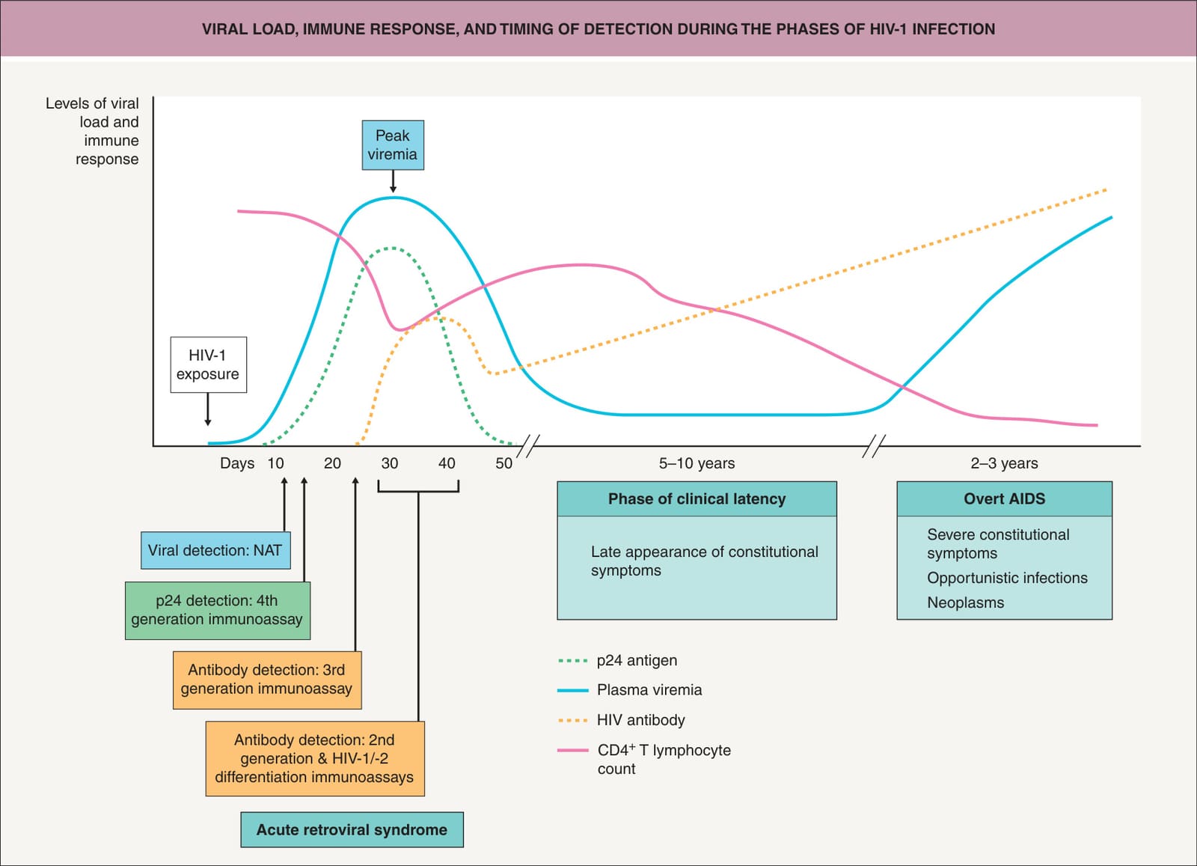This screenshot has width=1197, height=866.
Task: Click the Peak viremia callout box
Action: pyautogui.click(x=393, y=145)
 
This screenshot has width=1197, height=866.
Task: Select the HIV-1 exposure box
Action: pyautogui.click(x=209, y=365)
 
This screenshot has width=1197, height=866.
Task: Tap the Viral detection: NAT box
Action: pyautogui.click(x=215, y=550)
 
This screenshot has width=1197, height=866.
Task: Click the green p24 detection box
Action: pyautogui.click(x=218, y=611)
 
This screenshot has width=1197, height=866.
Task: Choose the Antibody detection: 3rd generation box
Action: pyautogui.click(x=267, y=680)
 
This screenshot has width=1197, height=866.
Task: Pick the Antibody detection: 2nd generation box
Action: pyautogui.click(x=315, y=758)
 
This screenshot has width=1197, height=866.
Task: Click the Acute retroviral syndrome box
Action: pyautogui.click(x=352, y=829)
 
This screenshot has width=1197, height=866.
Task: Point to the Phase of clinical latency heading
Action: pyautogui.click(x=697, y=498)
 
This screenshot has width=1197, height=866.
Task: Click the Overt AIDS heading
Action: pyautogui.click(x=1004, y=498)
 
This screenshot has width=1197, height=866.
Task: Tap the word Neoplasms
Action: pyautogui.click(x=965, y=603)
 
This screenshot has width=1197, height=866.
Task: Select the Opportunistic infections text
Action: pyautogui.click(x=1007, y=578)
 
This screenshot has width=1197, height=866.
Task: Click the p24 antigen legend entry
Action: pyautogui.click(x=617, y=661)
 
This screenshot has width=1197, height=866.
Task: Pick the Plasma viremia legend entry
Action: pyautogui.click(x=629, y=690)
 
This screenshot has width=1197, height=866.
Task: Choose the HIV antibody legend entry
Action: pyautogui.click(x=621, y=720)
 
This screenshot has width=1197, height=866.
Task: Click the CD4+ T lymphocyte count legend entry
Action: pyautogui.click(x=644, y=759)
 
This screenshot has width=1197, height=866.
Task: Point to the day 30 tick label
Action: pyautogui.click(x=390, y=463)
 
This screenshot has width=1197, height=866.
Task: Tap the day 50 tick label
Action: pyautogui.click(x=504, y=463)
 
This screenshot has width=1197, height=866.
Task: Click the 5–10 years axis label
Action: pyautogui.click(x=697, y=463)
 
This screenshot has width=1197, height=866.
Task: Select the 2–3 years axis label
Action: pyautogui.click(x=1004, y=463)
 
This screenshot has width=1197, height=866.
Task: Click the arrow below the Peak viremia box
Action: pyautogui.click(x=393, y=181)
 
